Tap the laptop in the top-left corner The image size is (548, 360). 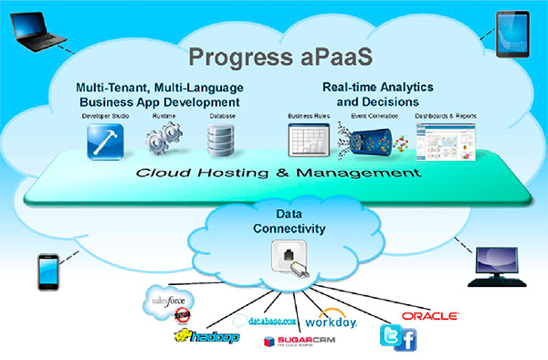pyautogui.click(x=34, y=30)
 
